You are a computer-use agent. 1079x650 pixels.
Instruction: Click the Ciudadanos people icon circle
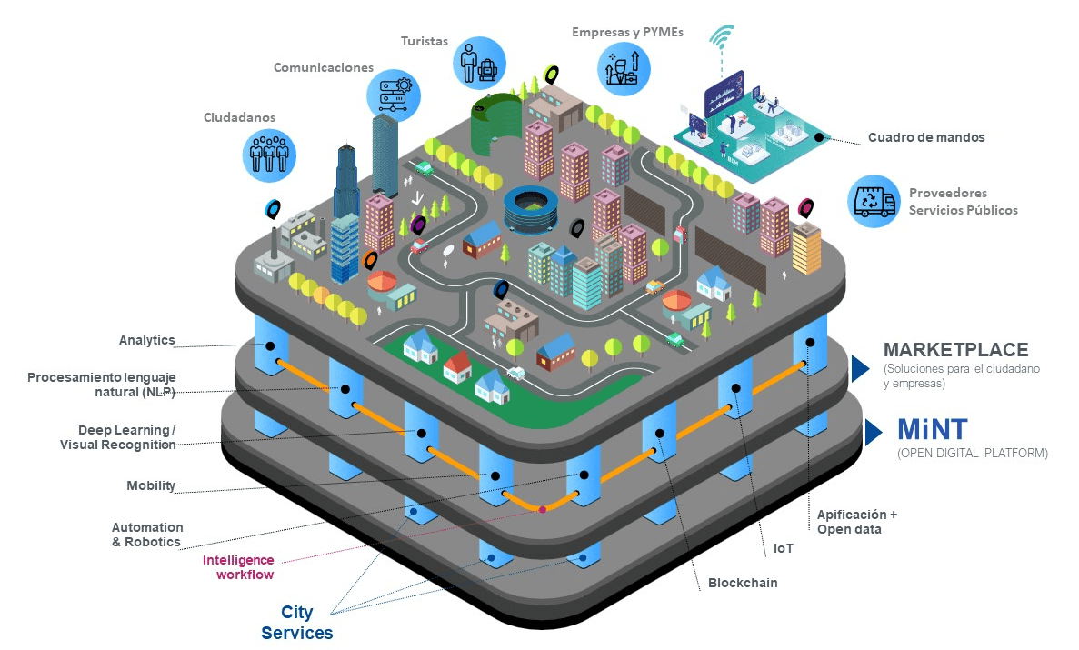tap(270, 152)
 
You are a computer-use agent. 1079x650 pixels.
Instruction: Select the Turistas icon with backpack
tap(478, 61)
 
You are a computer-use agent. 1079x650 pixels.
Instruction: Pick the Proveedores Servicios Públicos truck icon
tap(873, 201)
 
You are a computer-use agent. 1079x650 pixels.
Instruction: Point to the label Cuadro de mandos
tap(925, 138)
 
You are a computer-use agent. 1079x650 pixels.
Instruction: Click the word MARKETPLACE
tap(955, 350)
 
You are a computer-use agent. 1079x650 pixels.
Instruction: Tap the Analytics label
tap(146, 341)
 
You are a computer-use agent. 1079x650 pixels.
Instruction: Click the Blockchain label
tap(743, 583)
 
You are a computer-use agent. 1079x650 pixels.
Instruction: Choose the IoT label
tap(783, 548)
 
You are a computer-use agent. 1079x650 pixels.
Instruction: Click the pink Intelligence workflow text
tap(238, 567)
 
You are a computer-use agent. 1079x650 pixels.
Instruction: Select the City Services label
tap(297, 623)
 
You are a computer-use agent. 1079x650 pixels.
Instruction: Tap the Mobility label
tap(151, 485)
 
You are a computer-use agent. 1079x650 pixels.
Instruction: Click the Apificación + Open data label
tap(856, 522)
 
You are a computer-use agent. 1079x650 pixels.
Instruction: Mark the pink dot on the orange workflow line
tap(543, 509)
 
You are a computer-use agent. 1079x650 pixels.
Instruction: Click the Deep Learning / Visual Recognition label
tap(118, 437)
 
